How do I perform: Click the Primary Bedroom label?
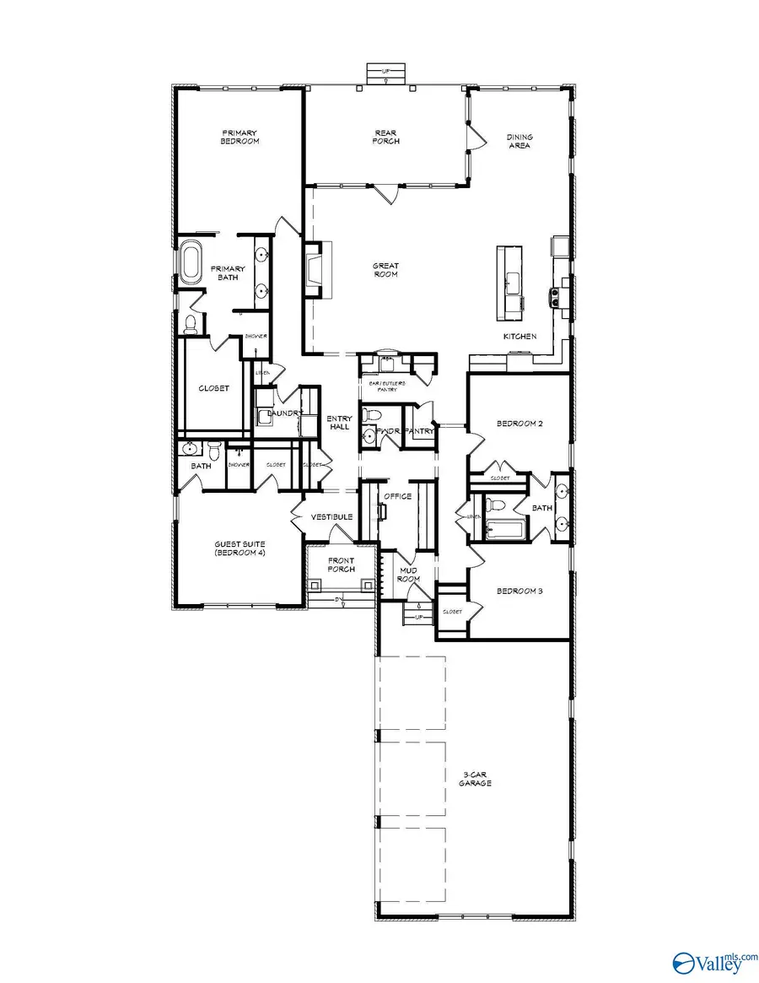click(x=240, y=137)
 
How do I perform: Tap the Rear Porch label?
click(x=386, y=137)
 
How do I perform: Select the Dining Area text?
click(x=519, y=141)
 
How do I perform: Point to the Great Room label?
click(x=386, y=270)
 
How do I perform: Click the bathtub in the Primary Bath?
click(x=191, y=263)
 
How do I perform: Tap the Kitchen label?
click(x=519, y=337)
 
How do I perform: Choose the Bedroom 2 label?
click(x=519, y=424)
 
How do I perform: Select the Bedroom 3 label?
click(x=519, y=591)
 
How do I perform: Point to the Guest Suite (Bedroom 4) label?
click(x=240, y=549)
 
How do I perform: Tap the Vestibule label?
click(x=331, y=517)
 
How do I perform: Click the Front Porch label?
click(x=341, y=564)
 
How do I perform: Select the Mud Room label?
click(x=409, y=575)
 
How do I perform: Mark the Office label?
click(x=397, y=496)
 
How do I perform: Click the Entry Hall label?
click(x=338, y=423)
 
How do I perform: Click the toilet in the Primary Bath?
click(x=191, y=322)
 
